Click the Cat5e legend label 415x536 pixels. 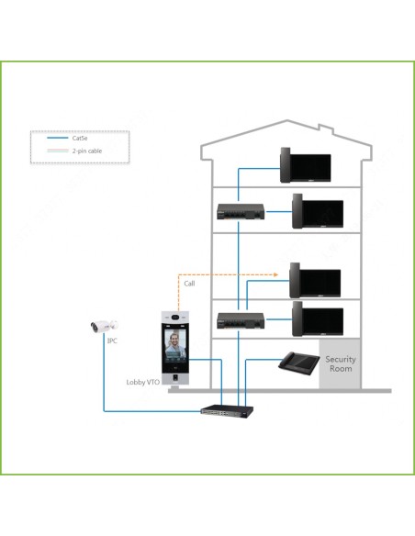pos(80,138)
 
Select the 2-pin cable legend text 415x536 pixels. pos(87,151)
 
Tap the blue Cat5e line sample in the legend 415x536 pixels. pos(58,138)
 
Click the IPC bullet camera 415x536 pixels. pos(104,327)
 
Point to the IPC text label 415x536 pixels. pos(112,341)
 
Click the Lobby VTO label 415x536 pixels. pos(143,382)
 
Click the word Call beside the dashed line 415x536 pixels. pos(189,284)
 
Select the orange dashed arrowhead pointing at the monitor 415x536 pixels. pos(276,274)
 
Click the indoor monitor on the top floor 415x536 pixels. pos(305,165)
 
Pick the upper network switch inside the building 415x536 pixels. pos(241,212)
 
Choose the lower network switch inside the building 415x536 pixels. pos(241,320)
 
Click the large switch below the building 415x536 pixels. pos(228,410)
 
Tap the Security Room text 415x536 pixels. pos(341,363)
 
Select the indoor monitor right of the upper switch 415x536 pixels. pos(318,211)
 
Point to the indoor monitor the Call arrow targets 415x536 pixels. pos(315,281)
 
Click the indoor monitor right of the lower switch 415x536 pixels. pos(318,318)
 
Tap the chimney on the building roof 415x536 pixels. pos(326,128)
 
